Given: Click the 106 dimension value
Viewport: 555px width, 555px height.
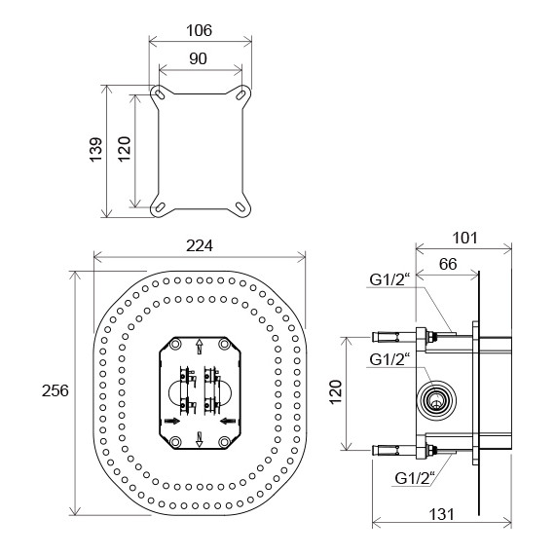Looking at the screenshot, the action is point(199,30).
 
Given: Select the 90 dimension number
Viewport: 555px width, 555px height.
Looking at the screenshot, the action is point(198,58).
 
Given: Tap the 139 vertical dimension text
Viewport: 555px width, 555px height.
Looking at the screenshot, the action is point(96,150).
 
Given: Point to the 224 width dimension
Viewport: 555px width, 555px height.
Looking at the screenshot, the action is point(200,246).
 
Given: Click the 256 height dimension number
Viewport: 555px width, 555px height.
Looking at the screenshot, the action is point(55,390).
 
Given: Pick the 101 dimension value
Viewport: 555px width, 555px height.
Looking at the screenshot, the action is point(465,238).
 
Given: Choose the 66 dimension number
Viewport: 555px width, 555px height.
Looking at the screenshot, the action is point(448,264).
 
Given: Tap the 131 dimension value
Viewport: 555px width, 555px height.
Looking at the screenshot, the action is point(441,514).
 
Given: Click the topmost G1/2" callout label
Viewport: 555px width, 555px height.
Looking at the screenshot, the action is point(389,279).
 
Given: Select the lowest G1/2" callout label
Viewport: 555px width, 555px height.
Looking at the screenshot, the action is point(415,478).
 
